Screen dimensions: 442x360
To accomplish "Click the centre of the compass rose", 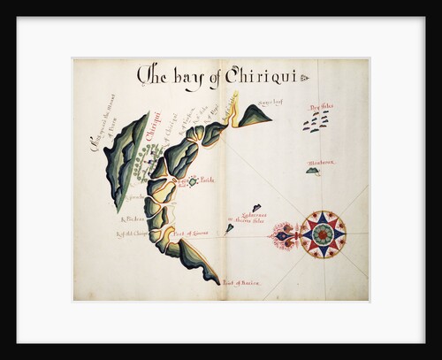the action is click(323, 234).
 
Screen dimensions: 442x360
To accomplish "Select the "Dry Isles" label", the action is click(321, 107).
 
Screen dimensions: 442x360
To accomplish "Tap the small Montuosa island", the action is click(312, 171).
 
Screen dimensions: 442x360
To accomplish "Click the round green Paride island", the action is click(192, 181).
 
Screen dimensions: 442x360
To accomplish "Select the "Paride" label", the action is click(208, 180).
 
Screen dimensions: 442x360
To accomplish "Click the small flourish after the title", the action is click(304, 78).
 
